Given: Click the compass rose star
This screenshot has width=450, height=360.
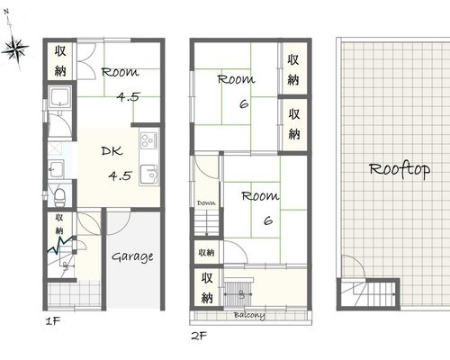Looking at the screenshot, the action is [15, 49].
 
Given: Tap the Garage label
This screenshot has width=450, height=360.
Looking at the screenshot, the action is [132, 257].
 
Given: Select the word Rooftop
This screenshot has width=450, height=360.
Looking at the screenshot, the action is [400, 170].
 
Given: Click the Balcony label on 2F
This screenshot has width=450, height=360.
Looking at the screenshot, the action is [249, 315].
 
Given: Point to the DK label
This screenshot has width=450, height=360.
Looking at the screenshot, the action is [112, 151].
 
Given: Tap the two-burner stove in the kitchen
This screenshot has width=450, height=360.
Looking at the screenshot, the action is [149, 140].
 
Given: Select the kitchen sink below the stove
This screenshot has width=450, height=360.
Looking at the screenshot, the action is [149, 175].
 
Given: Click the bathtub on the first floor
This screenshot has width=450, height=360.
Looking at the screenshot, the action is [60, 98].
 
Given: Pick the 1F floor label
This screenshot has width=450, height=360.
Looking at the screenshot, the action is [53, 321].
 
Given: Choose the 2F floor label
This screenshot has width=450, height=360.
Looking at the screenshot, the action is [199, 336].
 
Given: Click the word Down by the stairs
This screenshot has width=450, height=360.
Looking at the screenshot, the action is [206, 203].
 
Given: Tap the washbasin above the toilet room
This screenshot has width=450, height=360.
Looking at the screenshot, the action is [56, 169].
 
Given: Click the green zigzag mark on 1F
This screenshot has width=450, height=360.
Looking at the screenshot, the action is [60, 245].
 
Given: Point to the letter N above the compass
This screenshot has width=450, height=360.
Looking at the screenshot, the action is [6, 12].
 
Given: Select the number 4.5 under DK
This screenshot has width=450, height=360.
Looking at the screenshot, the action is [120, 175].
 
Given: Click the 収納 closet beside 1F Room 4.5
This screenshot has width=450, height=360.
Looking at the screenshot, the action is [60, 60].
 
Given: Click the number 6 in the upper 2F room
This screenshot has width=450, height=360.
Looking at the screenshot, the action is [244, 104].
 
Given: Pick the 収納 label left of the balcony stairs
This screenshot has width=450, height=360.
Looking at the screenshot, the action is [207, 288].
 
